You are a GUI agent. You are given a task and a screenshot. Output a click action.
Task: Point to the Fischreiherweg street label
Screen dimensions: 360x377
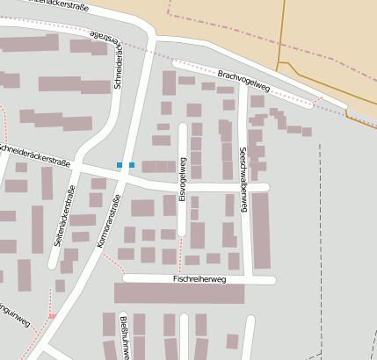tap(199, 279)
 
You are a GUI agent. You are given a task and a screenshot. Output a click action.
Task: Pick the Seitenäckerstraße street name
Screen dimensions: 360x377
tap(62, 215)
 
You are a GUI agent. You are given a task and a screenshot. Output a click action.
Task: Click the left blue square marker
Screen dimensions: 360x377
tap(120, 165)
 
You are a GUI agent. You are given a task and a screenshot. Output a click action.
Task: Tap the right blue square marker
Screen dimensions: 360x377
tap(132, 165)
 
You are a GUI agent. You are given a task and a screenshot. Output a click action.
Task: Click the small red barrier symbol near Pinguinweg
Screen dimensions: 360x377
tap(52, 316)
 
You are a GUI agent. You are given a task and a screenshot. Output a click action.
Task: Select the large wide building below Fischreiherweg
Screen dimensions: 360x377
tap(179, 293)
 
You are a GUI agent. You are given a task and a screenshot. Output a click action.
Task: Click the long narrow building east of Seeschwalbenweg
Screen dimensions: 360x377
tap(261, 230)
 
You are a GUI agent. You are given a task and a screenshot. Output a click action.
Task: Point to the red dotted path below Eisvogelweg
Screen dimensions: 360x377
tap(178, 250)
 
